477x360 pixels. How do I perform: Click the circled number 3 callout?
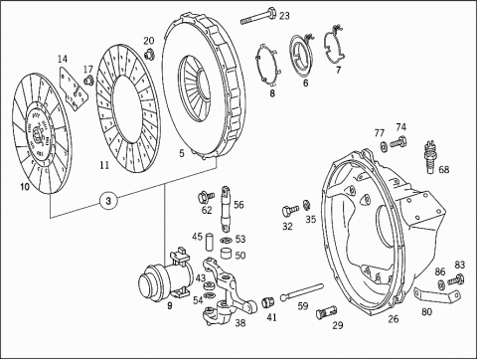click(108, 201)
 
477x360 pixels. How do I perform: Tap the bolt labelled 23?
click(258, 16)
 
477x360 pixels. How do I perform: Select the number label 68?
click(443, 169)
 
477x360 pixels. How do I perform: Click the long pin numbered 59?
click(301, 291)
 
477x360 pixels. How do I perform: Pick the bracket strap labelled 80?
click(436, 294)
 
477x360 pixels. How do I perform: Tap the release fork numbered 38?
click(229, 291)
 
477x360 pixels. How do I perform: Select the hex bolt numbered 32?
click(290, 210)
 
